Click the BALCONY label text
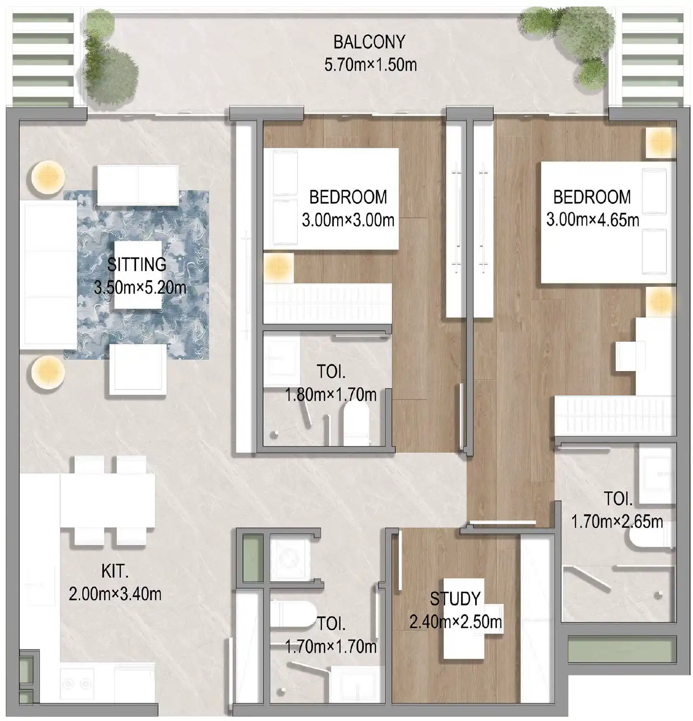pyautogui.click(x=369, y=42)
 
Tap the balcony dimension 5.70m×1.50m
pyautogui.click(x=370, y=65)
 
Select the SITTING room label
pyautogui.click(x=137, y=264)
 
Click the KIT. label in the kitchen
pyautogui.click(x=114, y=572)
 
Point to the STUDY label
pyautogui.click(x=455, y=599)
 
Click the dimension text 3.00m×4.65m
pyautogui.click(x=592, y=220)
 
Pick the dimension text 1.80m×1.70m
pyautogui.click(x=330, y=395)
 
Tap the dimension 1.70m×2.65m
pyautogui.click(x=617, y=521)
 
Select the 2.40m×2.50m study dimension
pyautogui.click(x=455, y=622)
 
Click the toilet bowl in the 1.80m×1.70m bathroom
pyautogui.click(x=356, y=423)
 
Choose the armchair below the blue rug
pyautogui.click(x=138, y=370)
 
